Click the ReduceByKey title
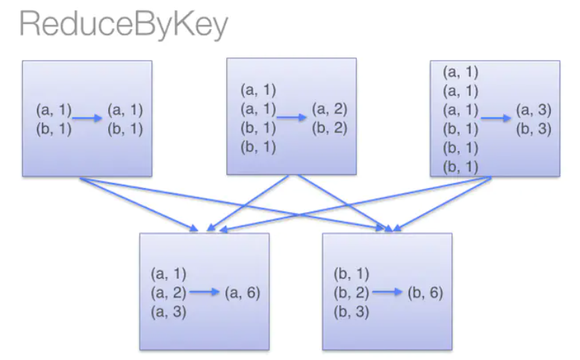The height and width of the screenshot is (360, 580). point(123,25)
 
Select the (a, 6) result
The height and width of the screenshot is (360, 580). point(243,293)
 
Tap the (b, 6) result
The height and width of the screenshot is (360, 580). point(425,293)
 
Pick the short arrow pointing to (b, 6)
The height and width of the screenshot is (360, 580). point(387,293)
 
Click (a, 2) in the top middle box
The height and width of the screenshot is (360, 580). point(329,109)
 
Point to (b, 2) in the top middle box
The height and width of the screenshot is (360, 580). point(329,127)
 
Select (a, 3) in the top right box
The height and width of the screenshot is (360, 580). point(533,110)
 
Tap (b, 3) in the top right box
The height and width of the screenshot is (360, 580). point(533,128)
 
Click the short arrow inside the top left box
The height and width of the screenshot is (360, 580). point(88,118)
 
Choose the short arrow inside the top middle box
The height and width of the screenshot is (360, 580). point(293,117)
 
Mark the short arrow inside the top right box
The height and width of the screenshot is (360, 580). point(496,118)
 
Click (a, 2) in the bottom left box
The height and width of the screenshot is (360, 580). point(169,293)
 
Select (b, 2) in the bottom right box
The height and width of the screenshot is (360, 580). point(352,293)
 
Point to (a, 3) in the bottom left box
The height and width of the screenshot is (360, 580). point(169,311)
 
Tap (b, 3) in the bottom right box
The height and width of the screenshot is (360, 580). point(352,311)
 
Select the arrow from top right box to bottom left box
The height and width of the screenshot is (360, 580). point(351,203)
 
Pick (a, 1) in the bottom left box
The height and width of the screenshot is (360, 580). point(169,274)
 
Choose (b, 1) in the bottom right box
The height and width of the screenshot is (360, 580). point(352,274)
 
